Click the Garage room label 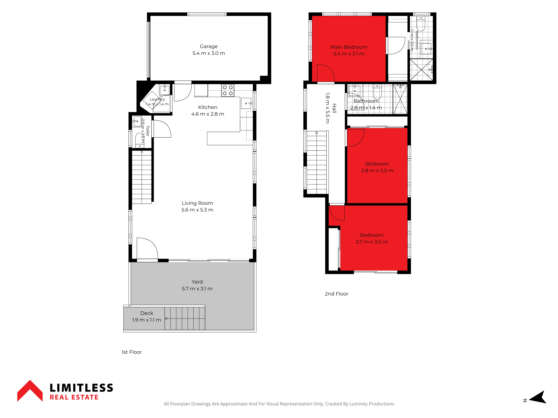209,46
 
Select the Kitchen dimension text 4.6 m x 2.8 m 208,114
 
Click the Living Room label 197,203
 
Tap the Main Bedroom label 349,47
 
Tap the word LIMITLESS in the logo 81,388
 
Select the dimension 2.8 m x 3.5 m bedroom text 377,171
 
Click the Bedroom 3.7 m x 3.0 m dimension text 372,242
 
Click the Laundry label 157,99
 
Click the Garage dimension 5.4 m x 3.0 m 209,53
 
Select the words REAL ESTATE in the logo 74,397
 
